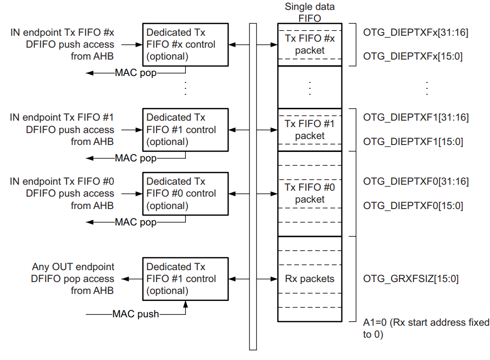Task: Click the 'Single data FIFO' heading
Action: (x=310, y=12)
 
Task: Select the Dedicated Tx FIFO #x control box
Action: (x=185, y=44)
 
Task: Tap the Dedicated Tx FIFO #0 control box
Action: (x=185, y=193)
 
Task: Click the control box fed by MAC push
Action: (x=185, y=279)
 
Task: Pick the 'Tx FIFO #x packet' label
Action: (x=310, y=44)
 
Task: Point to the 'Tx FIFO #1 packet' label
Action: (x=310, y=130)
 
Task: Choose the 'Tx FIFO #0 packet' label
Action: (x=310, y=193)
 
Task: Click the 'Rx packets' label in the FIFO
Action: (x=310, y=279)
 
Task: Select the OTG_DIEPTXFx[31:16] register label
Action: (x=415, y=32)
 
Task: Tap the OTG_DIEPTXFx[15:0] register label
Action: (x=413, y=56)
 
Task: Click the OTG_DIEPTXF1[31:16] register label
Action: (x=415, y=118)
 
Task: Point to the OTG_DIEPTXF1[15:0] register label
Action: (x=413, y=142)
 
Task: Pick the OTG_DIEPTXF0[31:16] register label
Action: (x=415, y=181)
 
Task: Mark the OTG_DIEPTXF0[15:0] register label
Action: (x=413, y=205)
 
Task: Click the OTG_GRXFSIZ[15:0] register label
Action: (x=410, y=279)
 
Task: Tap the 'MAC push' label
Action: (x=136, y=314)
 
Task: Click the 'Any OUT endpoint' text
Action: (x=73, y=267)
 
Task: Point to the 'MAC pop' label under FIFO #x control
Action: (x=136, y=72)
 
